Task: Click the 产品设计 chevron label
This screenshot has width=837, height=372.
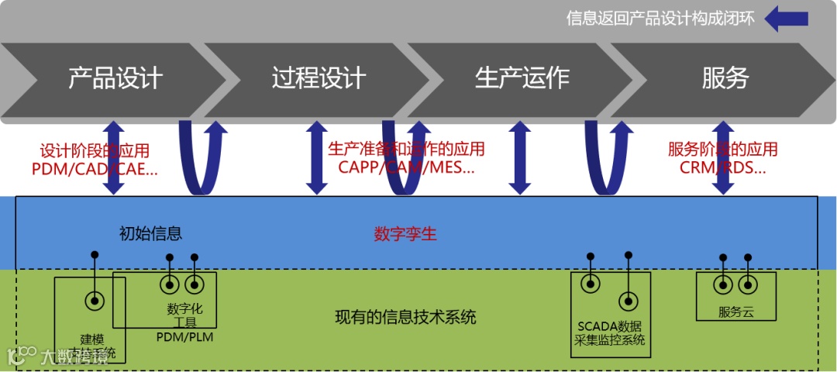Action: click(115, 77)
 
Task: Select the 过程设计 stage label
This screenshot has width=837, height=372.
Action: click(319, 77)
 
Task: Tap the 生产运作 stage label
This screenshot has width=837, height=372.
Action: click(522, 77)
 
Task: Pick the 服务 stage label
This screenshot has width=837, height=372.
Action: click(725, 77)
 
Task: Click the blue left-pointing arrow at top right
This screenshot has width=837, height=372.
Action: click(786, 18)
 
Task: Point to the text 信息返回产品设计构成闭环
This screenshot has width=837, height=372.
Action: click(660, 18)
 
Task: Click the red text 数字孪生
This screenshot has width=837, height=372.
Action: click(405, 233)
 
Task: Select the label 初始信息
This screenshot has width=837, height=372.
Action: click(150, 233)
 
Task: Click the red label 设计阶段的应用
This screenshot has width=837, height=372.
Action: click(95, 150)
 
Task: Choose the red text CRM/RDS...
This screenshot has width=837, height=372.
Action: click(722, 167)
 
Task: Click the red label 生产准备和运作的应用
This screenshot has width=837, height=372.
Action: click(406, 148)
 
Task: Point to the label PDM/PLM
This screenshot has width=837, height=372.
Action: click(184, 337)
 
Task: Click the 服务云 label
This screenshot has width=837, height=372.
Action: click(735, 312)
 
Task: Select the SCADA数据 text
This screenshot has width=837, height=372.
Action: click(609, 326)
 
